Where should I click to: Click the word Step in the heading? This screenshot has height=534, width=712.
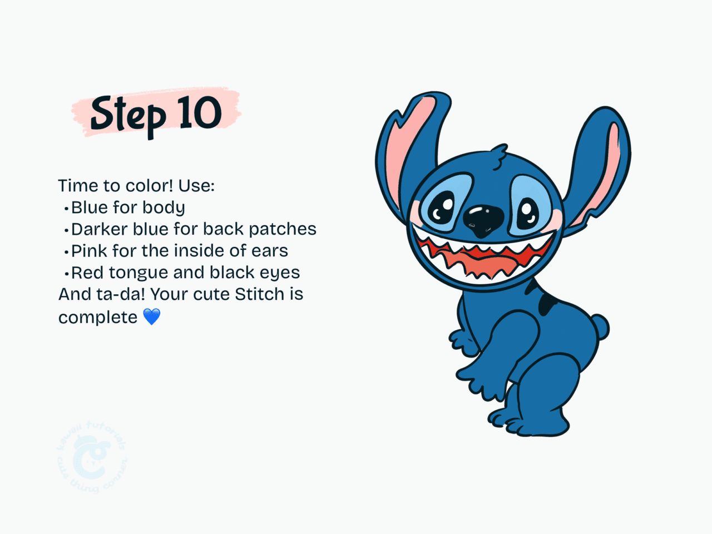point(128,116)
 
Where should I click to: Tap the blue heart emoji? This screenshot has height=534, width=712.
point(152,317)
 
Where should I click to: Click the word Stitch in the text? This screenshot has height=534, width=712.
point(259,294)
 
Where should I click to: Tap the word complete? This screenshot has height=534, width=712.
point(98,317)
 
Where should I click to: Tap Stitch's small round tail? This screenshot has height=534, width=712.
point(600,327)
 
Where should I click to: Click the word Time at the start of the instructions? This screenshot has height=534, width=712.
point(77,185)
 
